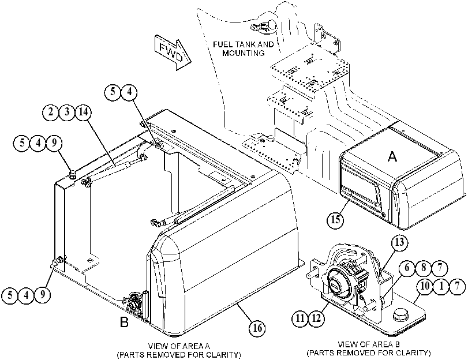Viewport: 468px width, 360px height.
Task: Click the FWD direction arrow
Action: tap(173, 52)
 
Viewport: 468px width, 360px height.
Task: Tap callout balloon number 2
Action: tap(50, 112)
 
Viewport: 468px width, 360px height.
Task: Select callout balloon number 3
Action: tap(67, 112)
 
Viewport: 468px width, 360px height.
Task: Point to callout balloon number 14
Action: tap(83, 112)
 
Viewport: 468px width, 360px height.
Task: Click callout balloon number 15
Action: tap(336, 219)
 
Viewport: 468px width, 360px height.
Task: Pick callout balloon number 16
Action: tap(257, 328)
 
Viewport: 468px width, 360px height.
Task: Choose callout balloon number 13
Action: tap(399, 242)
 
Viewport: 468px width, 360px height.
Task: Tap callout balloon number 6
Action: tap(407, 268)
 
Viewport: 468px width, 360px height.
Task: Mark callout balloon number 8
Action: tap(424, 268)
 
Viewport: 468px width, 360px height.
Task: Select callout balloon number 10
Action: tap(425, 286)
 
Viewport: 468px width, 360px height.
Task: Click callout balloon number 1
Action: tap(441, 286)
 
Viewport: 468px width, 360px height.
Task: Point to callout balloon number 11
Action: tap(300, 318)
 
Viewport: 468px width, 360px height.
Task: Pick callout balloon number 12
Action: tap(316, 318)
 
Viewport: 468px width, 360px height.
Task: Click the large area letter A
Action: tap(392, 156)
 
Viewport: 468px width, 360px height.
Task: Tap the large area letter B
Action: tap(124, 322)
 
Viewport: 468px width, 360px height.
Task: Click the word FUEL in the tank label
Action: tap(223, 44)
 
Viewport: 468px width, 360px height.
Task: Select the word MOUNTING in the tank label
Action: tap(244, 53)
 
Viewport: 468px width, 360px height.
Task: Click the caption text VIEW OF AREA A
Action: tap(179, 346)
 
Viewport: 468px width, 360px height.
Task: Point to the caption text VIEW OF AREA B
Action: tap(369, 344)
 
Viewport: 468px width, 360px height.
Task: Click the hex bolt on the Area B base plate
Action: tap(399, 316)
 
